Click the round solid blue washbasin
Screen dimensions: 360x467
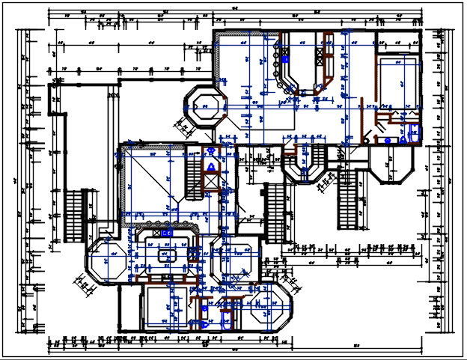coord(387,140)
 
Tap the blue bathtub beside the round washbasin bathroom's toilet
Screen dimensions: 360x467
coord(414,135)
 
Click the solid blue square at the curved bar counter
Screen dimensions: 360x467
coord(284,58)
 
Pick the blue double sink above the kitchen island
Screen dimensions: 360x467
coord(168,233)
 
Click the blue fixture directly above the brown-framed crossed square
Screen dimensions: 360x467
coord(211,166)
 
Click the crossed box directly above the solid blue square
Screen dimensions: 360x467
coord(284,42)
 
